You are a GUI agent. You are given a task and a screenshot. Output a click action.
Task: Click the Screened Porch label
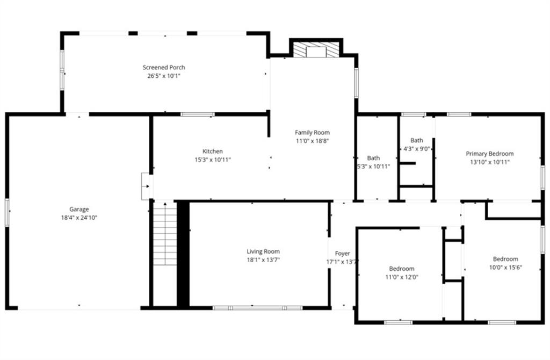(164, 67)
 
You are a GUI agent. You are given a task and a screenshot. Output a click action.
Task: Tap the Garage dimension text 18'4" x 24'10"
(79, 218)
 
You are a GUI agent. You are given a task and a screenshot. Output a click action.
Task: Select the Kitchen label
(213, 151)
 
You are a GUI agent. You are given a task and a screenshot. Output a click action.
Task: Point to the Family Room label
(312, 132)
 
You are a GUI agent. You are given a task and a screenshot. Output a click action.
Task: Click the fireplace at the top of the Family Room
(316, 50)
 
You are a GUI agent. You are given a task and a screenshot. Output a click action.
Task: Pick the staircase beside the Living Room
(165, 233)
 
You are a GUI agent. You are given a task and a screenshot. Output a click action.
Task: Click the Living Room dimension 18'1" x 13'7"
(263, 260)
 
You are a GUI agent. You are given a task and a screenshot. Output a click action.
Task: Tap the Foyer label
(342, 253)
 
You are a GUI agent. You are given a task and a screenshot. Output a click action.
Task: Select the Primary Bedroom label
(490, 154)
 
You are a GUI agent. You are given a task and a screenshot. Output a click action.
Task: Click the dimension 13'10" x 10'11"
(490, 162)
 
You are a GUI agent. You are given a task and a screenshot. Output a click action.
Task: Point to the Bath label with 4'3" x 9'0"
(417, 140)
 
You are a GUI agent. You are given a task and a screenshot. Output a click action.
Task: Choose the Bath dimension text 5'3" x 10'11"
(374, 167)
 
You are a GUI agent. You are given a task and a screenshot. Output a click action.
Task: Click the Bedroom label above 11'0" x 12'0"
(402, 269)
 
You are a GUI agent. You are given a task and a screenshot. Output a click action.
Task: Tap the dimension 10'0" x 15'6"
(505, 268)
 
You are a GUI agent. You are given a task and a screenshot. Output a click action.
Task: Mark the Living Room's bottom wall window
(257, 308)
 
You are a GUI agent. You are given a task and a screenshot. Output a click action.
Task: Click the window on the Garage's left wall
(7, 212)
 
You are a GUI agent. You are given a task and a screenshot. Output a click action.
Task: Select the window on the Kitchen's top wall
(198, 114)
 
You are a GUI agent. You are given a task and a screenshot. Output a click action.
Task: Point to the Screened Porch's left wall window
(62, 70)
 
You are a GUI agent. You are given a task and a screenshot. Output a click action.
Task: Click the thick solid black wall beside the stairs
(183, 254)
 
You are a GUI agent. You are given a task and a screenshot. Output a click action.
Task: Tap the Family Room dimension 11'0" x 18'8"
(312, 141)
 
